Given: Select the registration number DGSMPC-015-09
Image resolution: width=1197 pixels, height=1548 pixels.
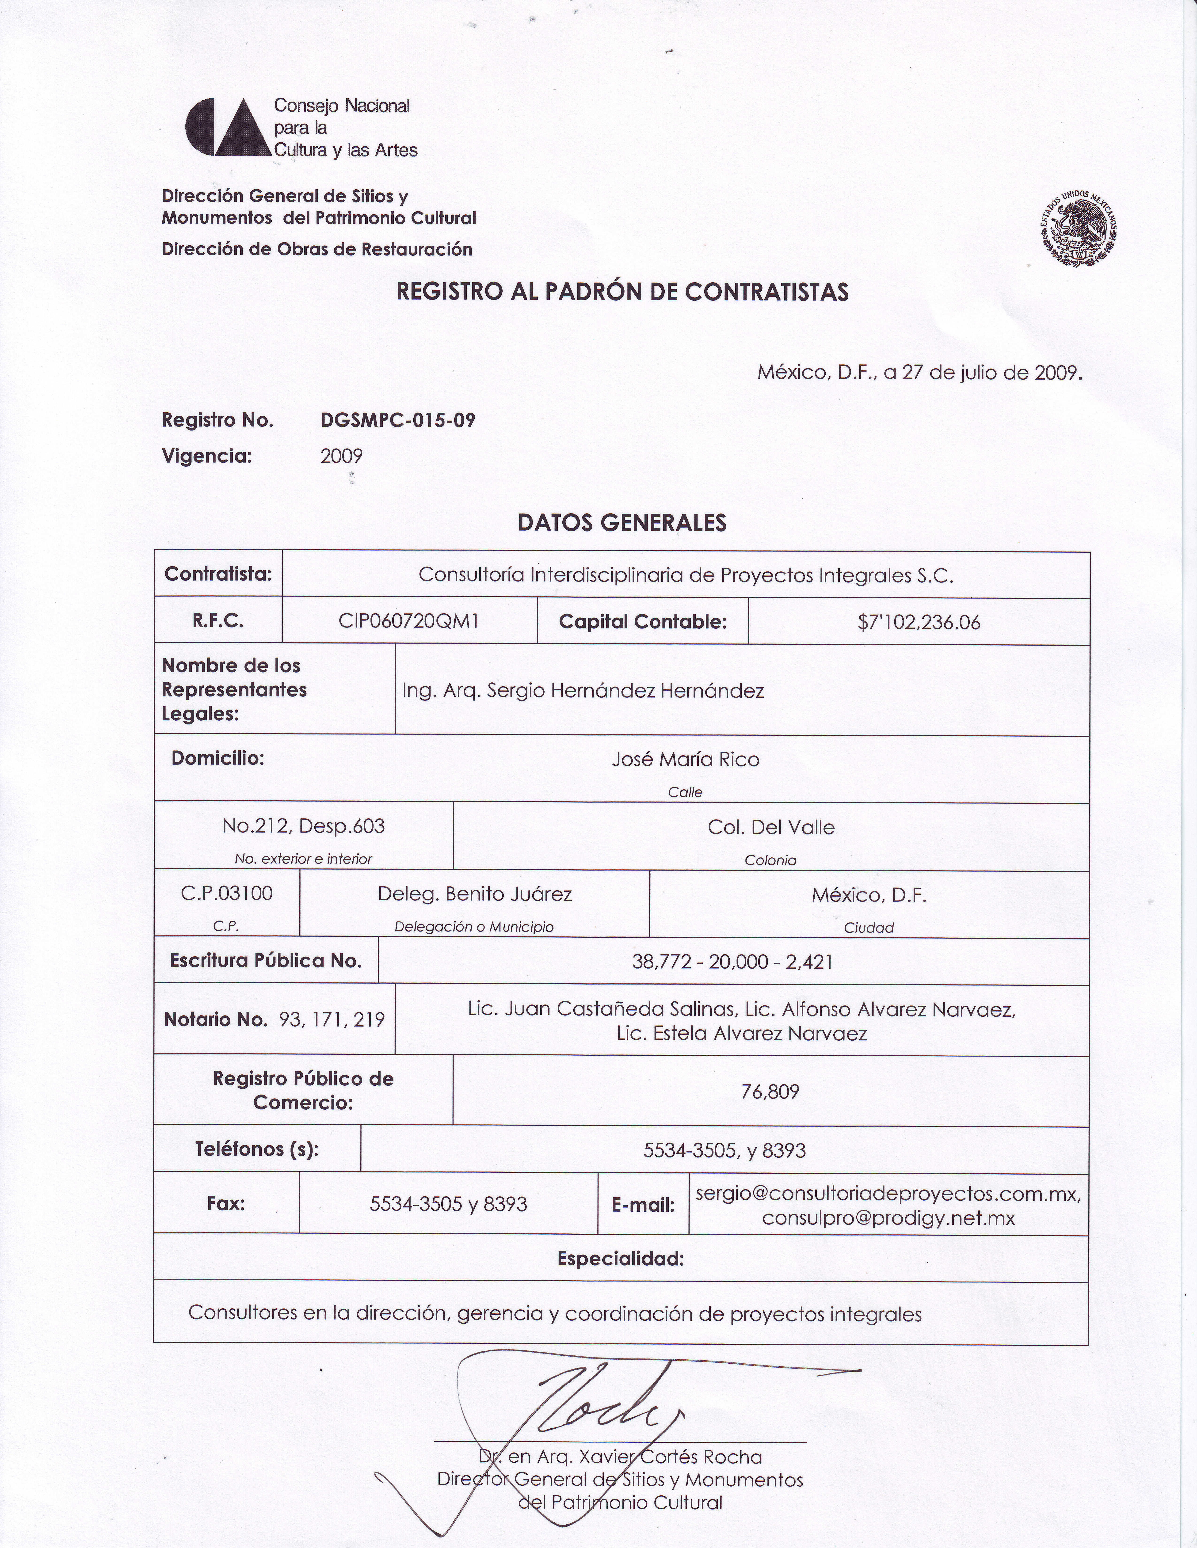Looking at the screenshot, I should [398, 420].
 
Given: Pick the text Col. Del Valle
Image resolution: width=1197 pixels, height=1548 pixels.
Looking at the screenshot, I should [771, 827].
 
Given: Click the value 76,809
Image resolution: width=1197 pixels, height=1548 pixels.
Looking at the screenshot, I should [770, 1092].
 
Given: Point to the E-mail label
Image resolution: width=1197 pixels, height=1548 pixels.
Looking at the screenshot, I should [643, 1205].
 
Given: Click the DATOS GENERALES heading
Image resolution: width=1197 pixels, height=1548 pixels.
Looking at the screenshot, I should [622, 522].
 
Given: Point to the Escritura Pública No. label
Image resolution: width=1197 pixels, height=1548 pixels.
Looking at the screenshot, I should [266, 961].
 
